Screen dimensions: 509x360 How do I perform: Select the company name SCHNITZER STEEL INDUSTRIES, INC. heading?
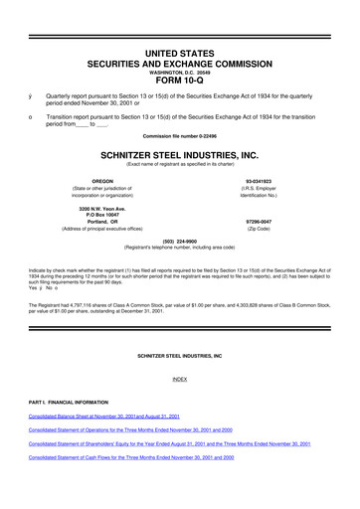coord(179,156)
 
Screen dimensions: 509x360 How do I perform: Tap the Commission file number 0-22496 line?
coord(179,134)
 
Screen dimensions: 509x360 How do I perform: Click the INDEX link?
coord(179,379)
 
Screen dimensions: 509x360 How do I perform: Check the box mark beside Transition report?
coord(33,111)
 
